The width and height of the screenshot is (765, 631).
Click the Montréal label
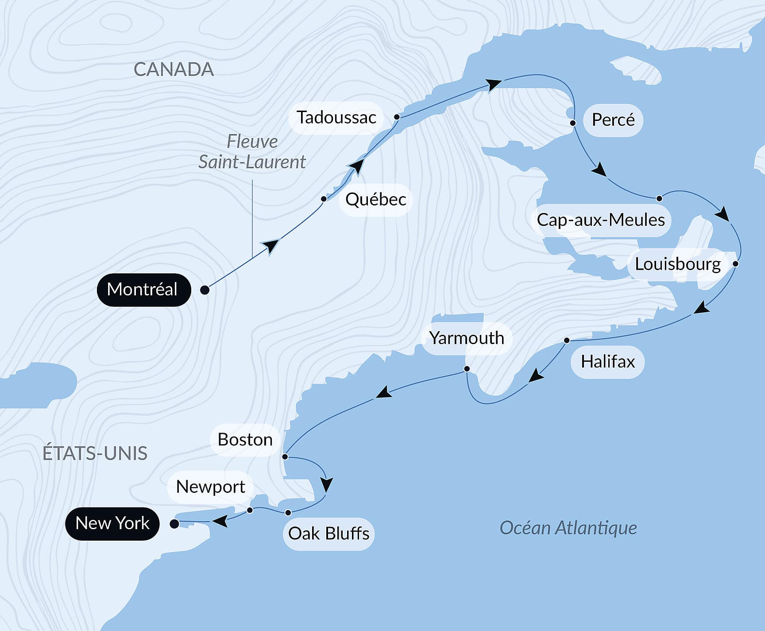(x=143, y=290)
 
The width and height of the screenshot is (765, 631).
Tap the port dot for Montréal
(x=205, y=290)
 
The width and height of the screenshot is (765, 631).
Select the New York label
(x=112, y=523)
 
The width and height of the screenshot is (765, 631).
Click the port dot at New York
(x=174, y=524)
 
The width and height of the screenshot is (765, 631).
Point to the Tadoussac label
(x=336, y=118)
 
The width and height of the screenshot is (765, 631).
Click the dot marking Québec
(x=324, y=199)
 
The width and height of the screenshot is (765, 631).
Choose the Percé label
(x=613, y=120)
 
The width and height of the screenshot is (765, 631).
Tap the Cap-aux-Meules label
(x=601, y=220)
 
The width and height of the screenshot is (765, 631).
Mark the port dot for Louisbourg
(x=735, y=263)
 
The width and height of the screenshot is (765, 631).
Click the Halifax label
(x=608, y=362)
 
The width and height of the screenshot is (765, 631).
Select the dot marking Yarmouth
(x=467, y=369)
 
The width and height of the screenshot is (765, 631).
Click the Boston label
(x=245, y=440)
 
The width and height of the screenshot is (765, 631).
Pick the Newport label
(x=210, y=487)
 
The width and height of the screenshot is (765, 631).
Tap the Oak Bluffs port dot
(x=288, y=513)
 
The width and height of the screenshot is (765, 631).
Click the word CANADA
(x=174, y=70)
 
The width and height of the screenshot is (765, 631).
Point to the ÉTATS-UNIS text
(x=95, y=453)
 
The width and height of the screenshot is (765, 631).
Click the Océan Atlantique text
(x=568, y=528)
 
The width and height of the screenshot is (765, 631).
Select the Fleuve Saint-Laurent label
(x=252, y=152)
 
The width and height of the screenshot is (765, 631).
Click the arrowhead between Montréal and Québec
(x=270, y=246)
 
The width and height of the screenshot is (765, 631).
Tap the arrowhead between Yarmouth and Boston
(x=384, y=392)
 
